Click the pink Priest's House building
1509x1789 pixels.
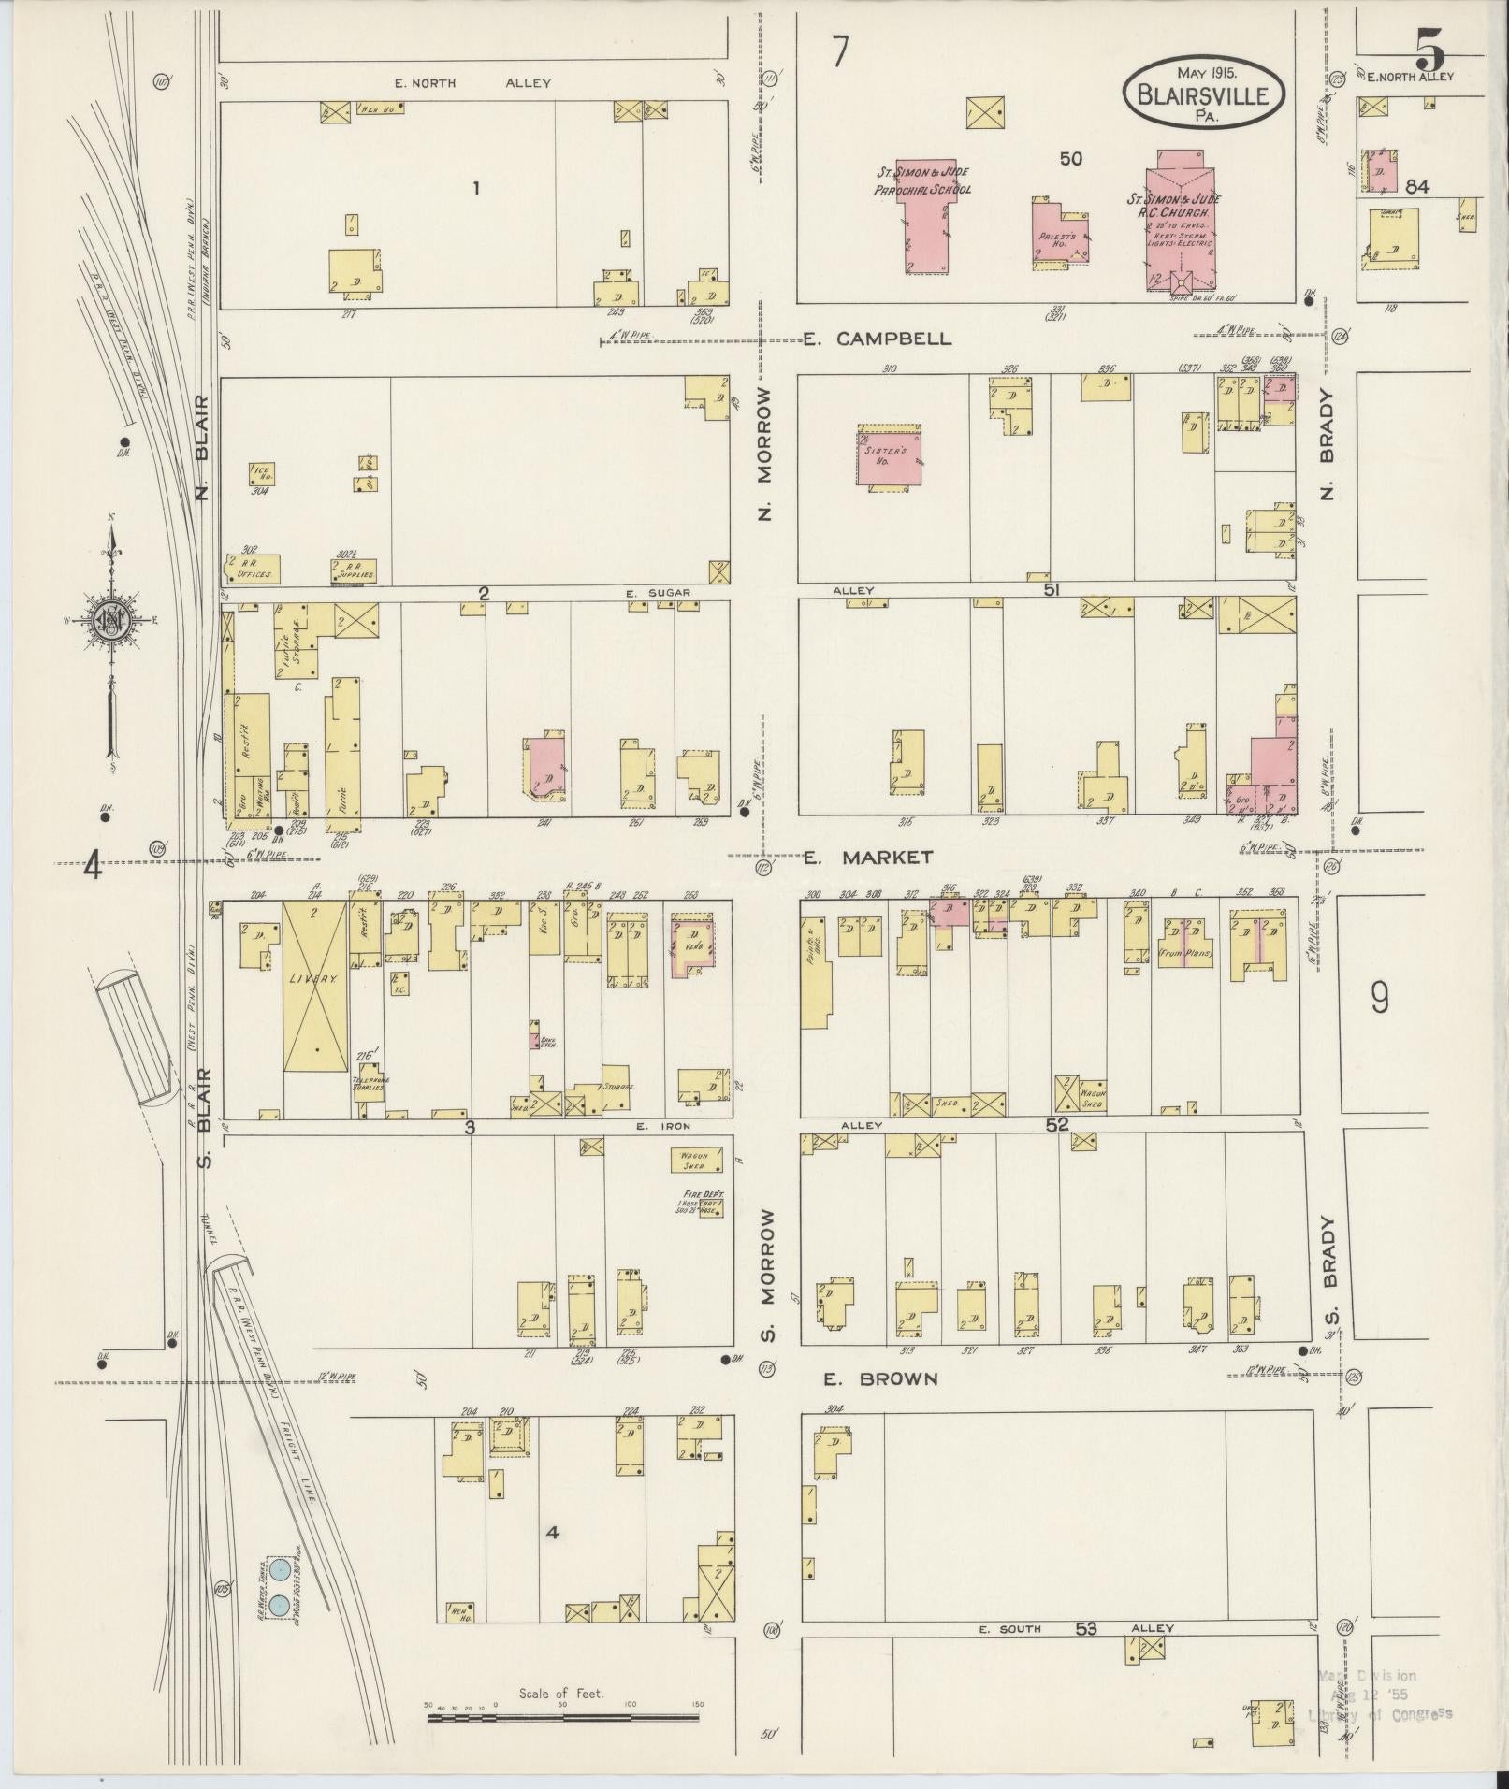pyautogui.click(x=1062, y=232)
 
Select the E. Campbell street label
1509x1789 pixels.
pyautogui.click(x=878, y=339)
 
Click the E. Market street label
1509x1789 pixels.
pyautogui.click(x=869, y=857)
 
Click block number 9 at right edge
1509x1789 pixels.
pyautogui.click(x=1379, y=1001)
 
